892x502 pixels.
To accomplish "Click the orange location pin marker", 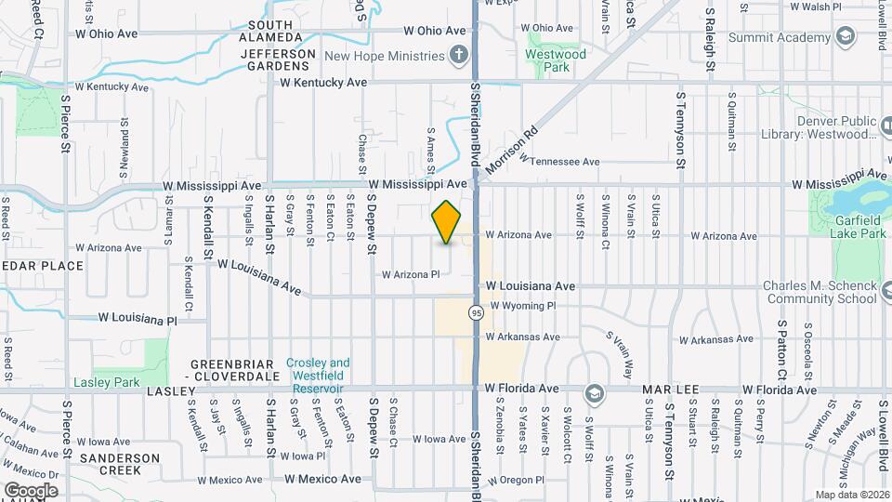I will point(447,222).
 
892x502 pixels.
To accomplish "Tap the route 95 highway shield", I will point(476,313).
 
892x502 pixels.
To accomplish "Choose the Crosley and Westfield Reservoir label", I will point(318,375).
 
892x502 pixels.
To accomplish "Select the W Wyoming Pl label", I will point(522,305).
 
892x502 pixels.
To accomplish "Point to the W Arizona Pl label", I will point(411,274).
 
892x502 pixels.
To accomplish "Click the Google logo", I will point(31,490).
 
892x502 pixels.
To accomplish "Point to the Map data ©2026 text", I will point(851,495).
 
